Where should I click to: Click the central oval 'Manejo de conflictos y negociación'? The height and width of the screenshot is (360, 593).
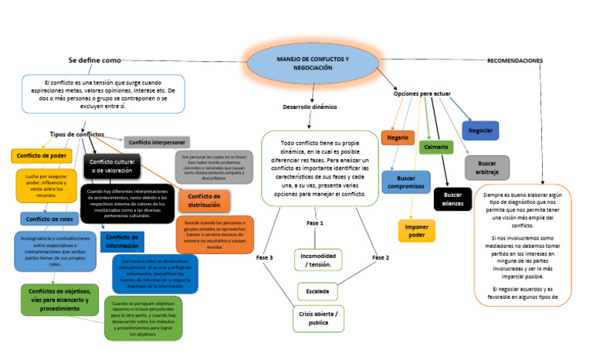[313, 63]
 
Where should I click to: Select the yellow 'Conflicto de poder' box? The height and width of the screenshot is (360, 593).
[39, 156]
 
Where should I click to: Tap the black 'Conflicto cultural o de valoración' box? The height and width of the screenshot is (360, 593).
[111, 166]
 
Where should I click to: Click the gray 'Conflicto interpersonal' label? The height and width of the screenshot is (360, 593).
[157, 142]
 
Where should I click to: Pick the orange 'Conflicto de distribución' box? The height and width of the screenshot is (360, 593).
[204, 201]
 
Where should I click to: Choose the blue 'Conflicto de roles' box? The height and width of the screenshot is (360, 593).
[46, 219]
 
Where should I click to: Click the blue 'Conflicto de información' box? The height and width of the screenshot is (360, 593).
[122, 241]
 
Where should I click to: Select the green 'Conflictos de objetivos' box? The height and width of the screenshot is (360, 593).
[59, 299]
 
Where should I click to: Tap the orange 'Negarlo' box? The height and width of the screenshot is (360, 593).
[398, 138]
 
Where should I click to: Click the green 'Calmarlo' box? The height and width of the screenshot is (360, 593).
[435, 147]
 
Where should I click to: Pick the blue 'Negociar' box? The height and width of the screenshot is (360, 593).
[480, 131]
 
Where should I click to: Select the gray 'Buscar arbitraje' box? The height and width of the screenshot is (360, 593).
[486, 168]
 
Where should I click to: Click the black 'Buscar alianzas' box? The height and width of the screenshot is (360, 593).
[452, 199]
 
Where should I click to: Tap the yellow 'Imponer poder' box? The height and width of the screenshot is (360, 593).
[416, 230]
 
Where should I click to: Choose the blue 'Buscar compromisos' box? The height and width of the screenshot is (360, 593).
[405, 182]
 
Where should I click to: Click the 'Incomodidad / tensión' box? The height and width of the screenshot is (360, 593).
[318, 260]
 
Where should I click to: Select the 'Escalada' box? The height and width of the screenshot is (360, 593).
[317, 291]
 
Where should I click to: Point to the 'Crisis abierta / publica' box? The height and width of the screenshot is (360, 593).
[317, 318]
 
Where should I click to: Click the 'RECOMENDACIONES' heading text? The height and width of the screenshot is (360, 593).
[514, 60]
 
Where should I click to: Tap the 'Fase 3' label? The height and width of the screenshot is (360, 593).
[265, 256]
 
